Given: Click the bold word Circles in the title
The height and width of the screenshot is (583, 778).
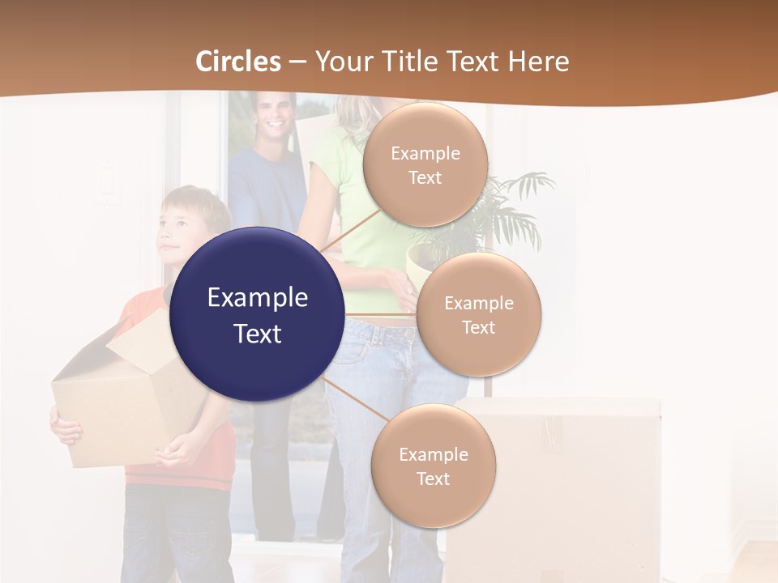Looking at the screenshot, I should [238, 62].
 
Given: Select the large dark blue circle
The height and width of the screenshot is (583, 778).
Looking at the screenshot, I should [257, 314].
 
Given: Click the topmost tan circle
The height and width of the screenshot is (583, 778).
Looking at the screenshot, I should [425, 164].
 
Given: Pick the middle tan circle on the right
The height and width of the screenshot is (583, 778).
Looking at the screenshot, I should [478, 314].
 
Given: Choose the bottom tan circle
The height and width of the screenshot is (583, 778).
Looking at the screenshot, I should [433, 466].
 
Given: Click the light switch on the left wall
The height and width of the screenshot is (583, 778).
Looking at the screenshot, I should [108, 183].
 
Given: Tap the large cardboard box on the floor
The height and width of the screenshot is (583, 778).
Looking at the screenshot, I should [559, 486].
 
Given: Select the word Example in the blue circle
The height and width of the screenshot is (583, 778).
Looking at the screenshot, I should [257, 297].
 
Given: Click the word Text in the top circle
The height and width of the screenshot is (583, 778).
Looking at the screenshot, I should [425, 177].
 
